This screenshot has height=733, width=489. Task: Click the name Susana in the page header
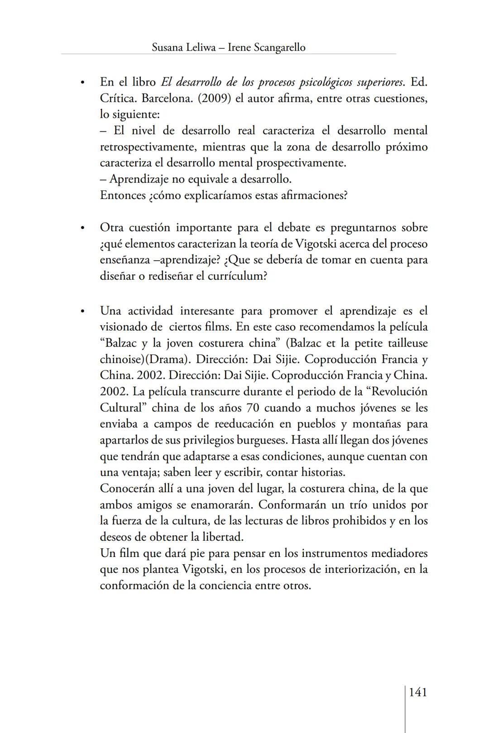(x=168, y=48)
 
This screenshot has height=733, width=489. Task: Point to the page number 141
(x=418, y=692)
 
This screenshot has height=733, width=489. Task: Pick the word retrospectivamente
(x=147, y=147)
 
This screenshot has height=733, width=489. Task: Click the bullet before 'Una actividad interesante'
(x=82, y=312)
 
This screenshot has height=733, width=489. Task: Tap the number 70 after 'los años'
(x=252, y=408)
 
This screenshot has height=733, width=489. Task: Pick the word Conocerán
(x=127, y=489)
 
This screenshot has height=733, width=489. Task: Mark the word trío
(x=351, y=505)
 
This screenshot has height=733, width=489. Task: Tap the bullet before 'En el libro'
(x=82, y=83)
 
